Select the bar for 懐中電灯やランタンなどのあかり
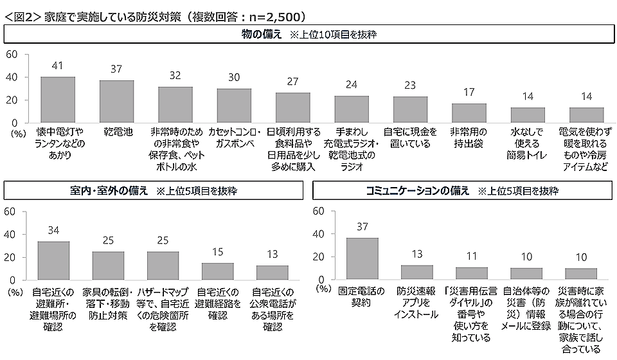(x=58, y=100)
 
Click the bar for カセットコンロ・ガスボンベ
(x=234, y=105)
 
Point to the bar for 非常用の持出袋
(x=469, y=113)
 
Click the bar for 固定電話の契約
(x=362, y=259)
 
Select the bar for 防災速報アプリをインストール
(x=417, y=273)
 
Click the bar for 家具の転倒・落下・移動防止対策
(x=108, y=265)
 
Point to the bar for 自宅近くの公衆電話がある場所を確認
(x=273, y=273)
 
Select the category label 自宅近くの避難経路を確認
(x=218, y=303)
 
